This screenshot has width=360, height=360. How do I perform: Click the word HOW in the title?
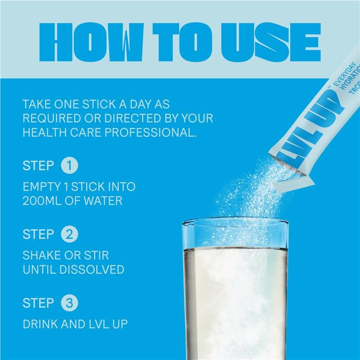(x=92, y=42)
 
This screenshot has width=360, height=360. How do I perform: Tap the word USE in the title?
(x=271, y=42)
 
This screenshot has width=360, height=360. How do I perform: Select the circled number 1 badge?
(x=69, y=166)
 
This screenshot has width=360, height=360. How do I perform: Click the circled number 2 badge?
(x=69, y=234)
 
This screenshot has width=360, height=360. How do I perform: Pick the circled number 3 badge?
(x=69, y=303)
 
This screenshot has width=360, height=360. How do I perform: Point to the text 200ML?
(x=42, y=201)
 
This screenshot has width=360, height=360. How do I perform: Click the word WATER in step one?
(x=103, y=201)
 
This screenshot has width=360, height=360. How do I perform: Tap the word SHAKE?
(x=40, y=255)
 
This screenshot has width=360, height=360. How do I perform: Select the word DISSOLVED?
(x=92, y=270)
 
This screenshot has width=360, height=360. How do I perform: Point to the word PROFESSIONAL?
(x=151, y=132)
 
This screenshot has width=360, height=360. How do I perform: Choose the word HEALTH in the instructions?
(x=45, y=132)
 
